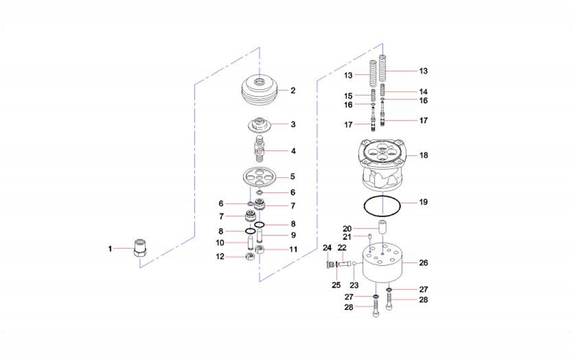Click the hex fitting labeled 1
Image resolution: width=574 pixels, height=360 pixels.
click(x=140, y=248)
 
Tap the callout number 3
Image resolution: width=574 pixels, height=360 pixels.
click(x=293, y=124)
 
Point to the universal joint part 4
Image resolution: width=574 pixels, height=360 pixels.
click(x=259, y=148)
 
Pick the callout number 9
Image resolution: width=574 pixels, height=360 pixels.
click(x=293, y=235)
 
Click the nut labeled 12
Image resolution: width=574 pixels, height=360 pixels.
click(x=250, y=257)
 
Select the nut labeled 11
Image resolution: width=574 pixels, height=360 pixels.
click(x=260, y=250)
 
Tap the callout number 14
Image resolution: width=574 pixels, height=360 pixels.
click(x=423, y=92)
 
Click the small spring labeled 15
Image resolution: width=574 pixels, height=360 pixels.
click(x=373, y=96)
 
